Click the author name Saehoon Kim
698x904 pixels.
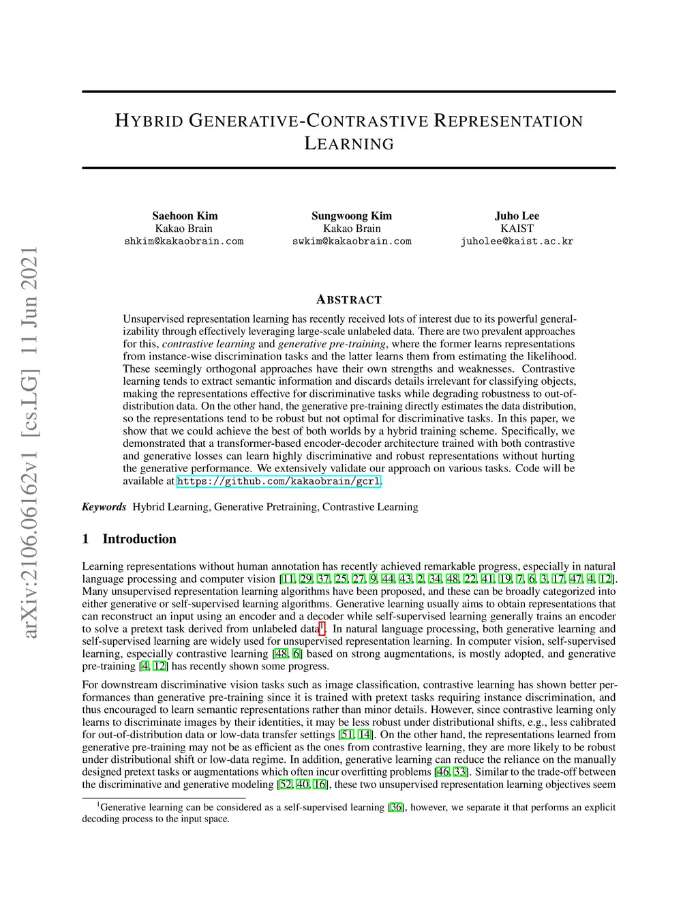(185, 216)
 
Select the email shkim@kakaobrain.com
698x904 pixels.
(183, 242)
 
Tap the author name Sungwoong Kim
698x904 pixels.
(352, 216)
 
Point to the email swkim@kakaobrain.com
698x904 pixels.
(352, 242)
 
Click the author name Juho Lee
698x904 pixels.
(517, 216)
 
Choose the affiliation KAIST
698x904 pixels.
(517, 229)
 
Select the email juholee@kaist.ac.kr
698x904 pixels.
(517, 242)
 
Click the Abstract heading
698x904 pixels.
(349, 300)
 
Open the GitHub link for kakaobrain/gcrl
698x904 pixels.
(278, 481)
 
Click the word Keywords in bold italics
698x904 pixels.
(104, 507)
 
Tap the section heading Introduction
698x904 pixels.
(139, 539)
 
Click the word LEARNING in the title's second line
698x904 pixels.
(349, 144)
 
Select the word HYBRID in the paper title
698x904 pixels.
(149, 121)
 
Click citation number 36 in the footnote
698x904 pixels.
(396, 808)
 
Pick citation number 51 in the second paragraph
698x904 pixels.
(348, 735)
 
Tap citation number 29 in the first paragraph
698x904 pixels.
(306, 579)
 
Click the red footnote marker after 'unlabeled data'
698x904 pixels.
(322, 627)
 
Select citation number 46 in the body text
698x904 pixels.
(442, 772)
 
